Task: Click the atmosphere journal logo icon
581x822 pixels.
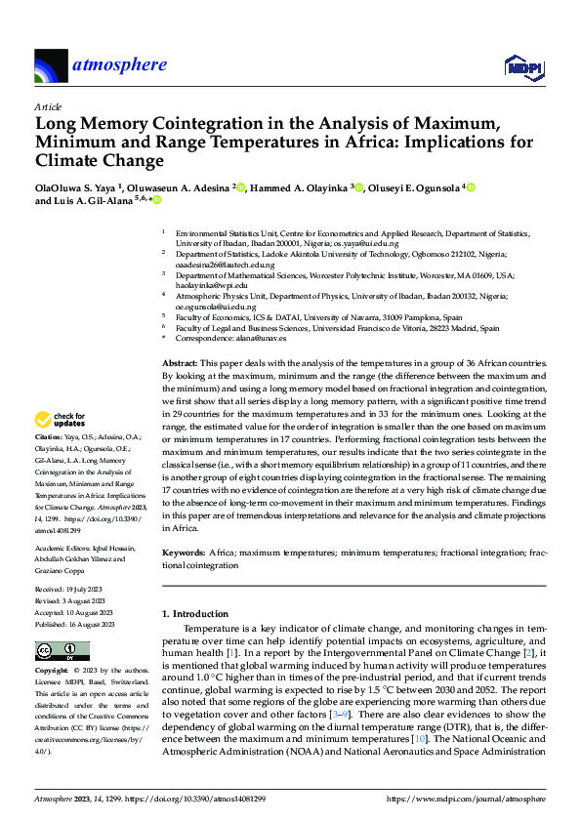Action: click(x=50, y=65)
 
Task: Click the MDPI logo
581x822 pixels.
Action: click(x=523, y=65)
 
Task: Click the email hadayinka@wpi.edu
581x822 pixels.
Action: click(x=204, y=285)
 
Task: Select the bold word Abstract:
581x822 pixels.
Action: click(x=182, y=362)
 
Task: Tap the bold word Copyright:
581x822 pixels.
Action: click(x=53, y=672)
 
